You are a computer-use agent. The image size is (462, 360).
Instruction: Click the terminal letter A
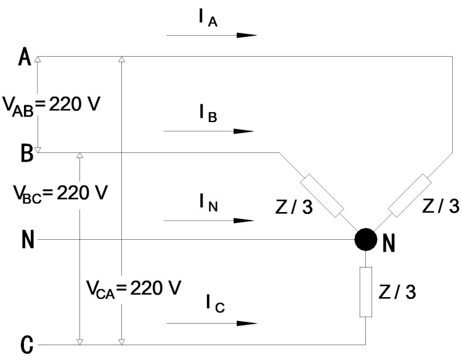pos(25,59)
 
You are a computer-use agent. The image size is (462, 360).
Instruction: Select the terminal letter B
pos(26,152)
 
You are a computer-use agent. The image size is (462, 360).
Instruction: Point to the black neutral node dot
pos(366,239)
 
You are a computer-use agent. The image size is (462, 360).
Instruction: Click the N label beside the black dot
pos(389,244)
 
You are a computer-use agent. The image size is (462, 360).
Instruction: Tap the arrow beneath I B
pos(209,131)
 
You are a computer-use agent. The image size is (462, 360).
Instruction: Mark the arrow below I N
pos(209,219)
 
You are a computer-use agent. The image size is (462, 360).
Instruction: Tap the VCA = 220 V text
pos(132,287)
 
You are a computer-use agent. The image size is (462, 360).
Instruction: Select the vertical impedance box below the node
pos(366,292)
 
